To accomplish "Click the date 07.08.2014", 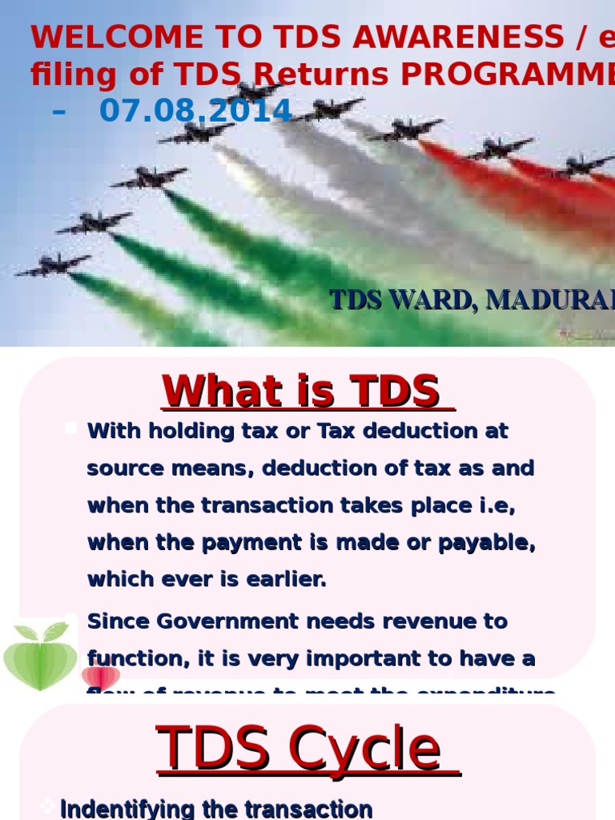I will (x=195, y=111).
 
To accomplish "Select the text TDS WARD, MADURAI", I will (x=472, y=300).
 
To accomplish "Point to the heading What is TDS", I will (x=307, y=392).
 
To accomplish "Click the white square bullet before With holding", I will (x=71, y=428).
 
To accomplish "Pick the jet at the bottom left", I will (x=53, y=265).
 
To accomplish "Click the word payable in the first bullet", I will (x=489, y=543).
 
